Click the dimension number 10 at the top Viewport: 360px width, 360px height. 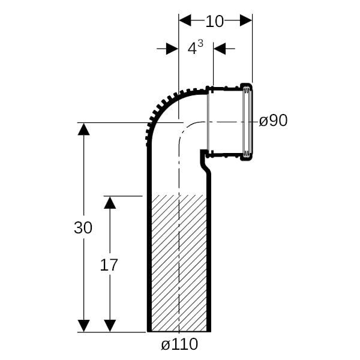point(214,22)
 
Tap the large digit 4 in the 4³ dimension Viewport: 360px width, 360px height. point(192,49)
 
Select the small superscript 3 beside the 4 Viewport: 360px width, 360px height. point(200,43)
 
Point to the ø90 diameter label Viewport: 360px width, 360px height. point(273,121)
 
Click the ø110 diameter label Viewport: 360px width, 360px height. point(179,344)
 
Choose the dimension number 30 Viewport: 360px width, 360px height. point(83,227)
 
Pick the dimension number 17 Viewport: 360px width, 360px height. point(109,265)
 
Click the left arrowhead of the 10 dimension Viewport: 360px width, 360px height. point(185,20)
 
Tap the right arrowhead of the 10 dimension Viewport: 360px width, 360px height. point(246,20)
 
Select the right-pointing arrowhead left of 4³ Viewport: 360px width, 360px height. point(172,49)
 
